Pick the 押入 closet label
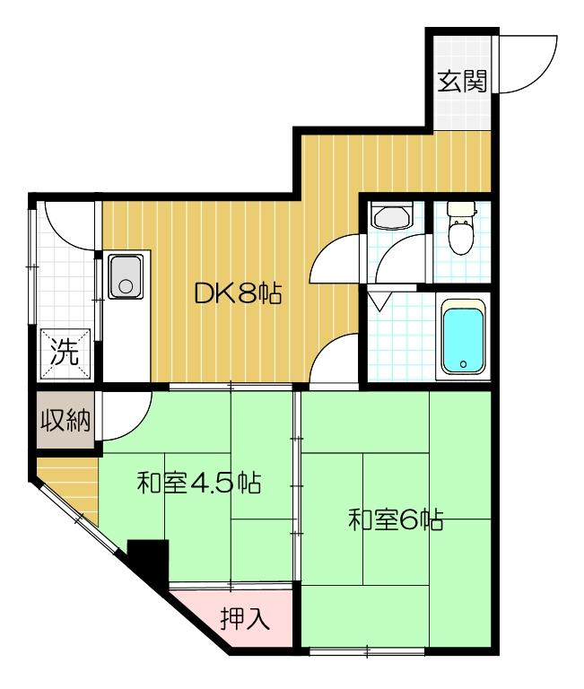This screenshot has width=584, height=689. click(x=245, y=620)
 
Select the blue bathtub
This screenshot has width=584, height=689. click(x=463, y=337)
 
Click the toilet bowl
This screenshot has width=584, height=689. click(x=460, y=239)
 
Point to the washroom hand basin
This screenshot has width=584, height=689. click(x=391, y=217)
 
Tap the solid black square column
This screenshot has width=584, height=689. click(x=148, y=562)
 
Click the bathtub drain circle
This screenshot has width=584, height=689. click(x=463, y=365)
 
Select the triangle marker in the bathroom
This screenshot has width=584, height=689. click(x=379, y=301)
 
